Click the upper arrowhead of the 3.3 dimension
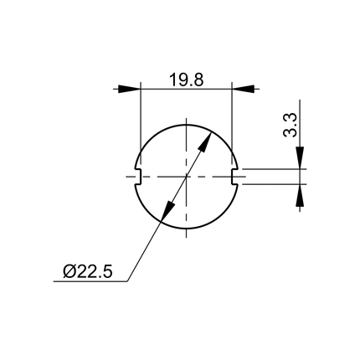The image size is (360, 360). point(301,160)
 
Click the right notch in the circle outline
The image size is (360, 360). point(234,176)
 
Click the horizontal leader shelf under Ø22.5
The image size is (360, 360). point(92,282)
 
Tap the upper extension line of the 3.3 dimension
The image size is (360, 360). point(272,168)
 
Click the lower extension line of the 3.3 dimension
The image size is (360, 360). point(272,183)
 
